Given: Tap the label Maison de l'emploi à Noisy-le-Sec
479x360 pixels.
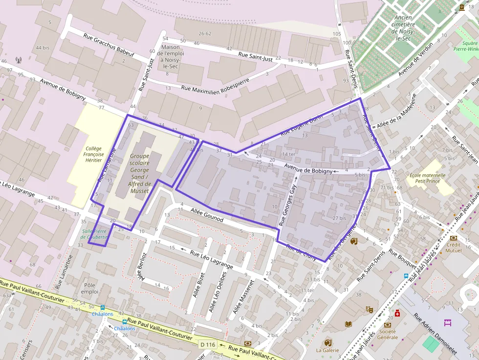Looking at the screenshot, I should (x=171, y=57).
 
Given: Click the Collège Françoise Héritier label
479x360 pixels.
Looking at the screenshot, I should (x=93, y=154).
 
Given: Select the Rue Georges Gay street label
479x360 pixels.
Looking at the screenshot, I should (x=288, y=205).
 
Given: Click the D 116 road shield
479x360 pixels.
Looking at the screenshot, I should (x=208, y=344).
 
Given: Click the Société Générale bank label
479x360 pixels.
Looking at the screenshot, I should (x=387, y=335).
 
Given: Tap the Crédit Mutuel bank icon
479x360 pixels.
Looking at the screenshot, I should (x=453, y=238).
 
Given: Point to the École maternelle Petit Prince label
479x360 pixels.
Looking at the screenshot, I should (x=427, y=178).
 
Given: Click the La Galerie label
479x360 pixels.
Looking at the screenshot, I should (x=327, y=350).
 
